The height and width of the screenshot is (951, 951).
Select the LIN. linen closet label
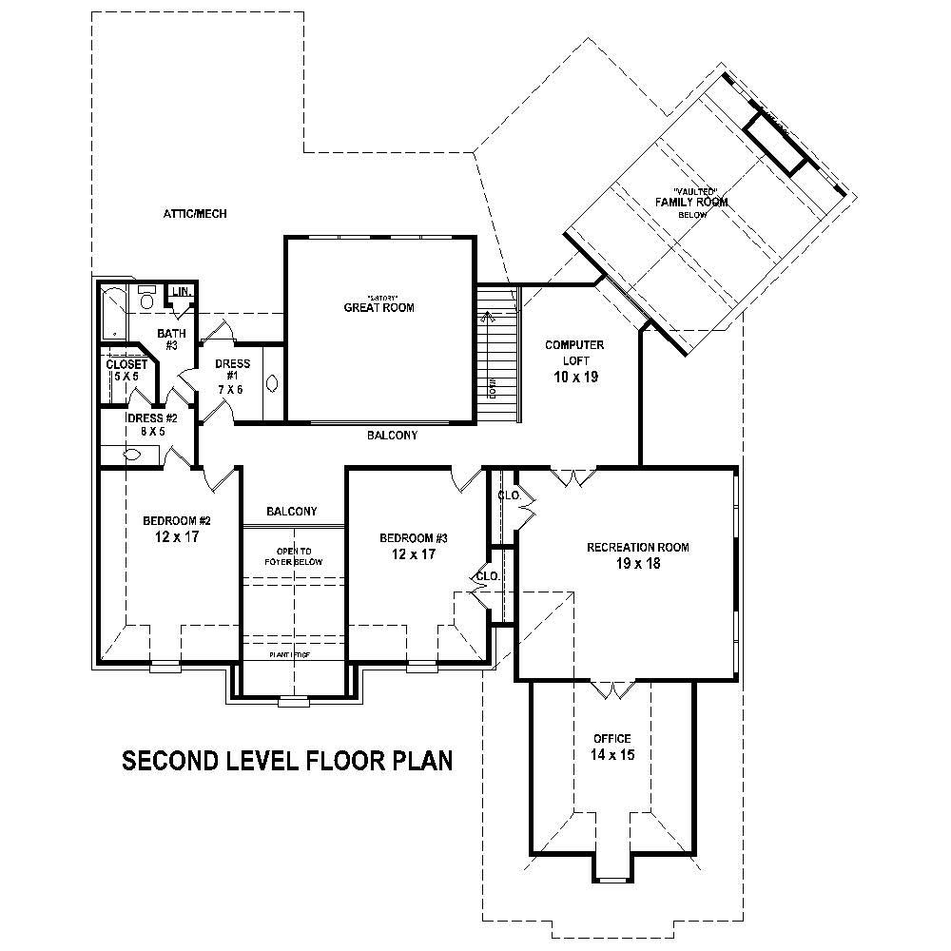[181, 292]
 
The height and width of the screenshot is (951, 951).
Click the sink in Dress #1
[273, 384]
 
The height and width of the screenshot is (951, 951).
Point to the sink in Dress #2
[131, 456]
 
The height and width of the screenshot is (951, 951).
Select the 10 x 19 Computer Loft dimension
[574, 377]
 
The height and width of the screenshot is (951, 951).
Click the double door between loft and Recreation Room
[574, 476]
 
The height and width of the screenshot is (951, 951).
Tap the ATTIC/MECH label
[195, 214]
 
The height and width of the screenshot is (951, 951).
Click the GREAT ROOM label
[378, 307]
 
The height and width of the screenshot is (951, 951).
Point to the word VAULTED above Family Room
[693, 191]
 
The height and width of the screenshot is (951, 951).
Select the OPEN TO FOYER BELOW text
[294, 556]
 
